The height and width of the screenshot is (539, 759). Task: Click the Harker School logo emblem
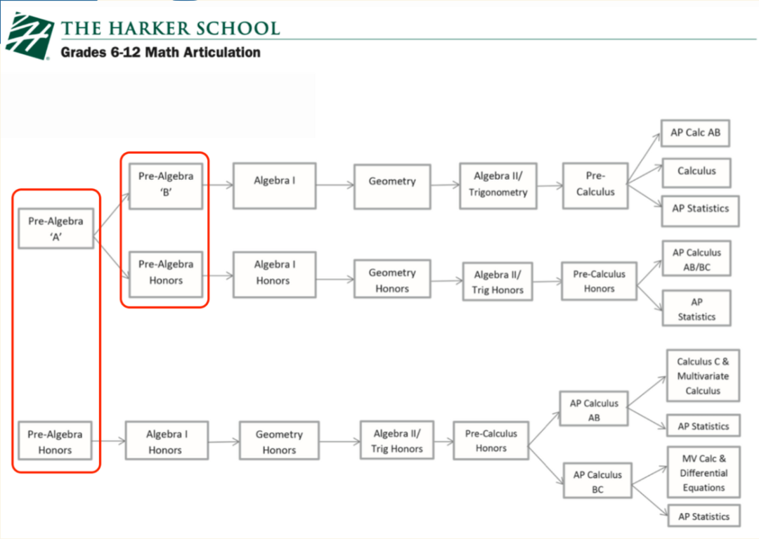(30, 36)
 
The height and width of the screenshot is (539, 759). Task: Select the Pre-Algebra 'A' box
(56, 228)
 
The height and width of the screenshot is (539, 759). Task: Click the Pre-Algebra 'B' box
(166, 186)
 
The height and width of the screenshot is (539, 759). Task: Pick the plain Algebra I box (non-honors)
(275, 186)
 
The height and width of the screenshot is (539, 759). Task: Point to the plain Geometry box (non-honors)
(392, 187)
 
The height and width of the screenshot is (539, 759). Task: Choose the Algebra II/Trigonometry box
(498, 186)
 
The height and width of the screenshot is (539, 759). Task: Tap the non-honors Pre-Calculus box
(595, 186)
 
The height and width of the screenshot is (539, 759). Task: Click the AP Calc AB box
(695, 133)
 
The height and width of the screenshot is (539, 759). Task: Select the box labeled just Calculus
(696, 173)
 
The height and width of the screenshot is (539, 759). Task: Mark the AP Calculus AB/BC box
(696, 259)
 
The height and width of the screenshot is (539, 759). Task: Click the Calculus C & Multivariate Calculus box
(703, 375)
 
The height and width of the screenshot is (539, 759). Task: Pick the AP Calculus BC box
(597, 481)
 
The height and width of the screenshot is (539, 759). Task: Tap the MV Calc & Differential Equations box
(703, 472)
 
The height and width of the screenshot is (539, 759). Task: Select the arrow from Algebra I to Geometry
(335, 184)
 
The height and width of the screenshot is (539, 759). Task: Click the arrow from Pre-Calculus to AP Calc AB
(644, 158)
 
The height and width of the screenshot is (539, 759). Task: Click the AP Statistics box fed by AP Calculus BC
(703, 517)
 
